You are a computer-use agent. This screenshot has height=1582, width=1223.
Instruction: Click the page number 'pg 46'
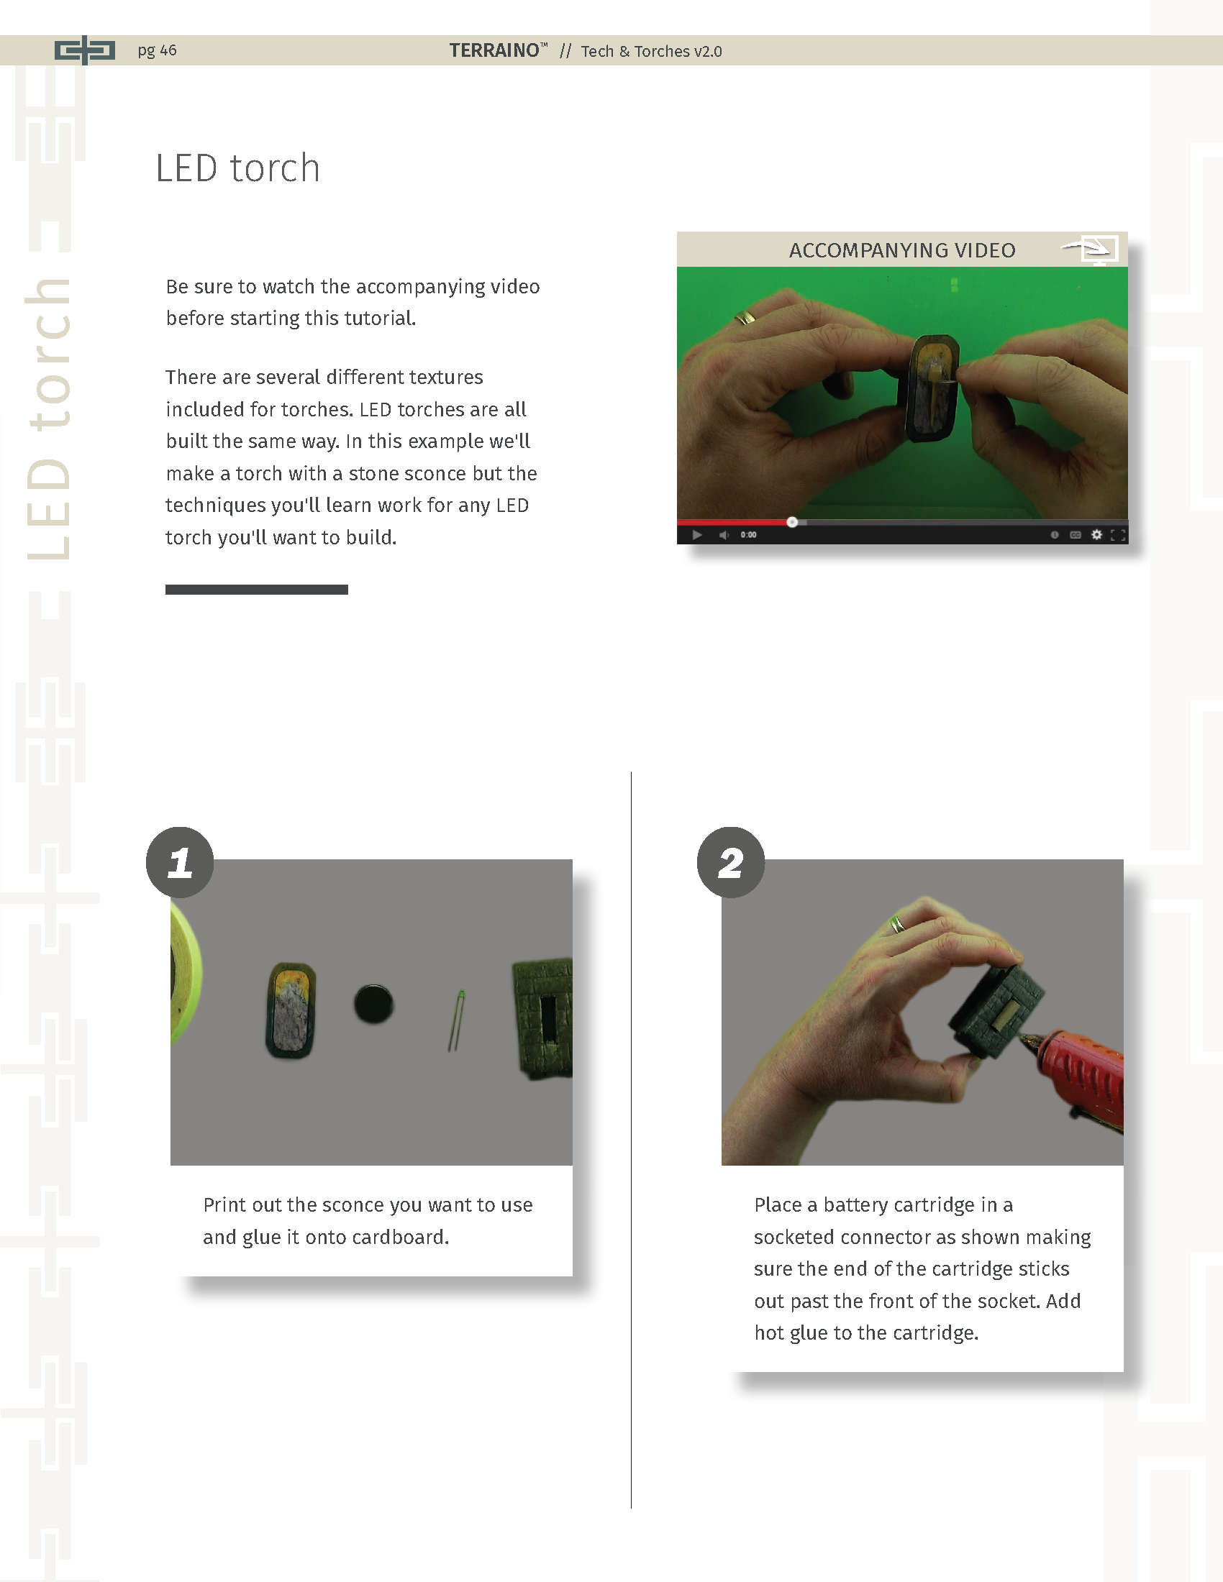[x=158, y=50]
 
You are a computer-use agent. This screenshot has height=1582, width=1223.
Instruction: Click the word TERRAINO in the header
[x=494, y=50]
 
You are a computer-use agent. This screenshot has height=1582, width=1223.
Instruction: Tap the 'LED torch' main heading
[x=237, y=168]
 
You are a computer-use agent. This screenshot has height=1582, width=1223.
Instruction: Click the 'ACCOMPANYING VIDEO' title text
[x=902, y=250]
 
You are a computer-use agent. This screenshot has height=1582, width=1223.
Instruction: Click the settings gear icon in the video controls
[x=1096, y=534]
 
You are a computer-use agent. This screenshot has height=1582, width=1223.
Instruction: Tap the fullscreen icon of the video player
[x=1118, y=534]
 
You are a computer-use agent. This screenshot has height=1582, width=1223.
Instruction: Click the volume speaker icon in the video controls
[x=723, y=534]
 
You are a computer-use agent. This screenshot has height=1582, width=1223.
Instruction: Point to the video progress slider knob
[x=792, y=521]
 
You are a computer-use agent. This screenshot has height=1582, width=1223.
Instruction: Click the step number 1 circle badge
[x=180, y=862]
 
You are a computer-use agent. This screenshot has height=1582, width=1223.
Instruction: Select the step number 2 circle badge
[x=730, y=862]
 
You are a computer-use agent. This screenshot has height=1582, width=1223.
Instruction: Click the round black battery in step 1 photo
[x=374, y=1004]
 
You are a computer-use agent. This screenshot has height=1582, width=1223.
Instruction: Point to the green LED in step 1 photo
[x=456, y=1020]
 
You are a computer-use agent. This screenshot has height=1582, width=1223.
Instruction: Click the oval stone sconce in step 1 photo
[x=291, y=1010]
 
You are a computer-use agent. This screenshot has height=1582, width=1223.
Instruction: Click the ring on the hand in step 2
[x=898, y=923]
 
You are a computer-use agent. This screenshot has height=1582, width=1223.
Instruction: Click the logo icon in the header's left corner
[x=85, y=50]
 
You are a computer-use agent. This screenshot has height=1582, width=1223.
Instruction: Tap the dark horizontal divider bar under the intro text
[x=257, y=590]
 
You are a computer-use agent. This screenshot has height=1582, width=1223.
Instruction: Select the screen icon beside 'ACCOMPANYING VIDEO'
[x=1091, y=250]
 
